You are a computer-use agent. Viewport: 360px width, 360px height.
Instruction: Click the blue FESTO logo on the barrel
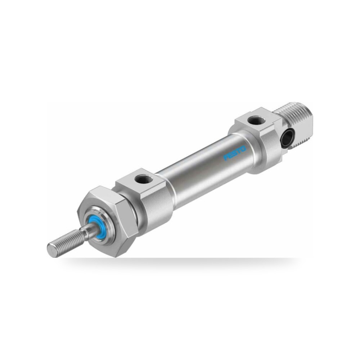[235, 153]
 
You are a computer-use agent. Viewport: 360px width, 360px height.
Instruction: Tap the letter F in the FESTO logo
[226, 158]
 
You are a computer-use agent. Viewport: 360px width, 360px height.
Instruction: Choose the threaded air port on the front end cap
[141, 178]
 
